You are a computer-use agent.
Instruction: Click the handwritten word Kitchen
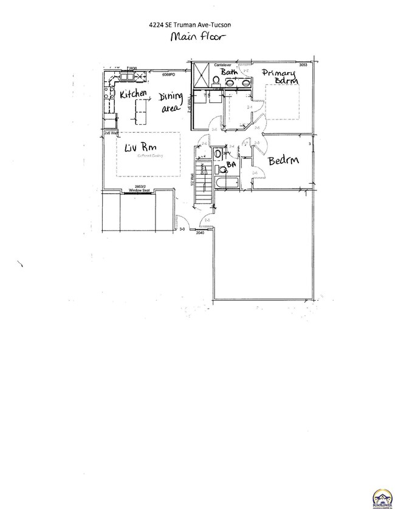(x=133, y=95)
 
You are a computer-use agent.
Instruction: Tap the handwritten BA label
(x=231, y=164)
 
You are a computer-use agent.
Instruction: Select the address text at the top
(x=190, y=24)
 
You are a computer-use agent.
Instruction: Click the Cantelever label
(x=225, y=64)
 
